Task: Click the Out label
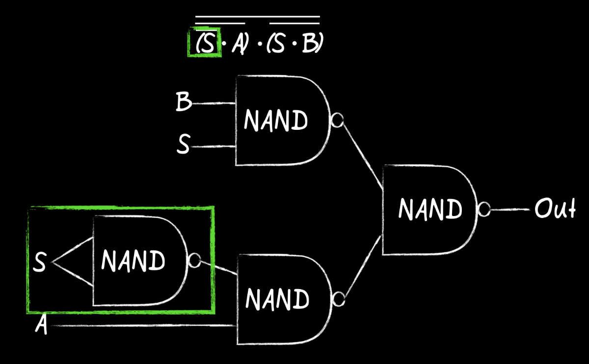(554, 209)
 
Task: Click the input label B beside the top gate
(183, 102)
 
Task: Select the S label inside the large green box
(39, 263)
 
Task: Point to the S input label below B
(183, 146)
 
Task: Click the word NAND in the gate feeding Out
(430, 209)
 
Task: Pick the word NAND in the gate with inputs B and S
(276, 120)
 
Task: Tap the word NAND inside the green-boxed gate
(133, 260)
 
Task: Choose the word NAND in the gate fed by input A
(277, 298)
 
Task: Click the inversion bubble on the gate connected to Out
(484, 210)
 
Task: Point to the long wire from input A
(142, 325)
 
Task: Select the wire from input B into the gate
(214, 103)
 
